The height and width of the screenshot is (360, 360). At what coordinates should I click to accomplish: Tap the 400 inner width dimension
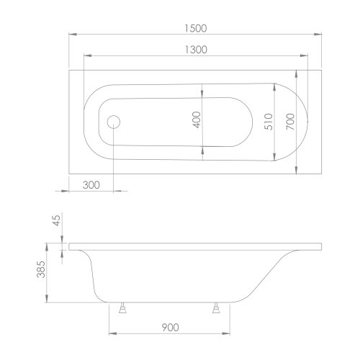(196, 120)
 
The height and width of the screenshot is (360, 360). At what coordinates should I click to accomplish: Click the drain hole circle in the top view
(114, 120)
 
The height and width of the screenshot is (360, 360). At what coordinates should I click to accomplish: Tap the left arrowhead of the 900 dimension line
(111, 335)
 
